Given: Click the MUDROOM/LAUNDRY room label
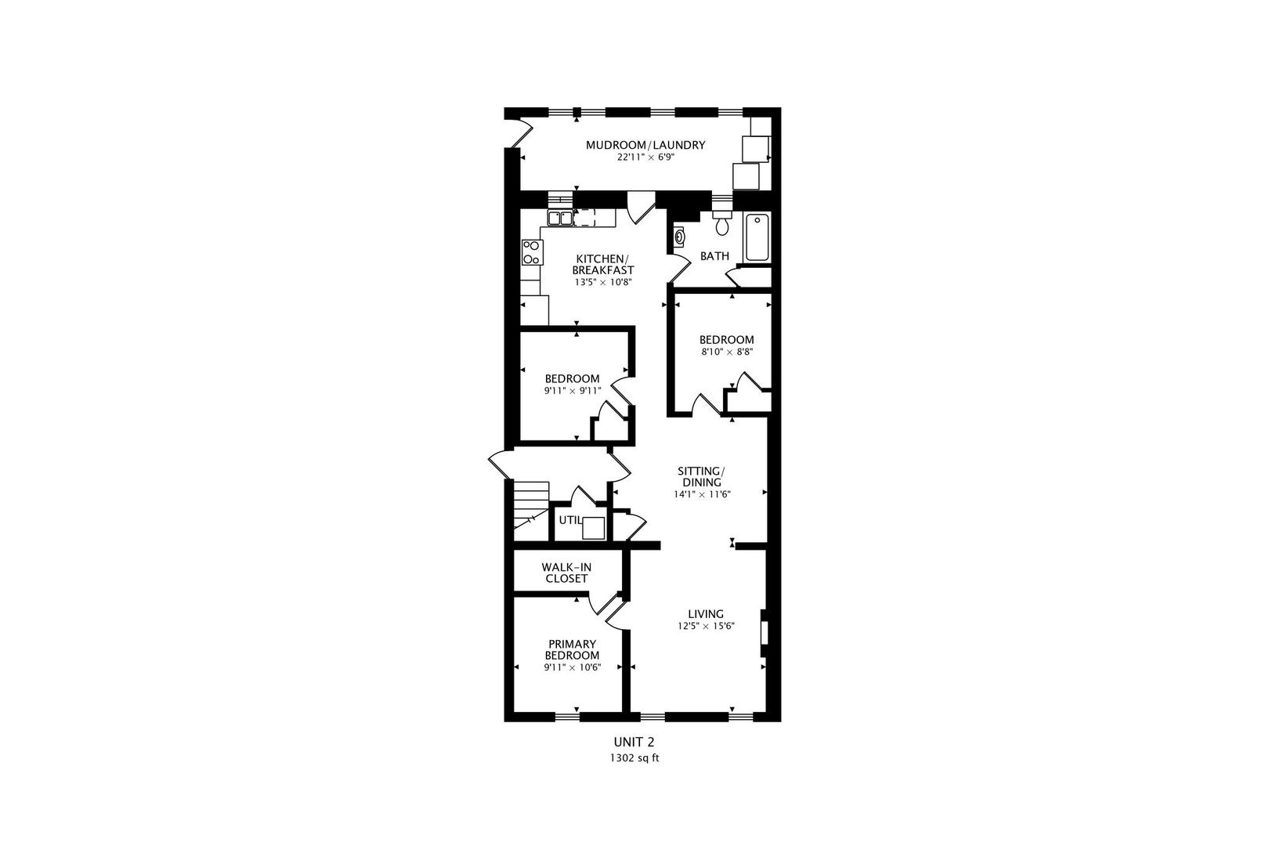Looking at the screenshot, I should (645, 145).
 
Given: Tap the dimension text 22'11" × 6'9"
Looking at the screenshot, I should (645, 157).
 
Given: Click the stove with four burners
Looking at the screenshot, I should (531, 252).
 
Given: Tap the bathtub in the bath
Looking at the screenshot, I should (757, 237).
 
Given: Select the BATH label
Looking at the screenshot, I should (714, 256).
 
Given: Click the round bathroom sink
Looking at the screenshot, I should (680, 234).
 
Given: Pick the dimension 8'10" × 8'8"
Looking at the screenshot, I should (727, 352).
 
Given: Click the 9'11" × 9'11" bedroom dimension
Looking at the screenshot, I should (572, 391).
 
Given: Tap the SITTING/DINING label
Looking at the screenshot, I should (701, 476).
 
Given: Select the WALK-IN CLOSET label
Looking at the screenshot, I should (565, 573).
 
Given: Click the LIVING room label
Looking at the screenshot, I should (706, 614).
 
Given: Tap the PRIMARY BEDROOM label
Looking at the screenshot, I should (572, 649).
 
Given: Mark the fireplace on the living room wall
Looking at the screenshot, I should (764, 632).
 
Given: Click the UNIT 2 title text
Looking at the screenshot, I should (633, 741).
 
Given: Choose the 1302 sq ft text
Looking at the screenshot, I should (634, 758).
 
